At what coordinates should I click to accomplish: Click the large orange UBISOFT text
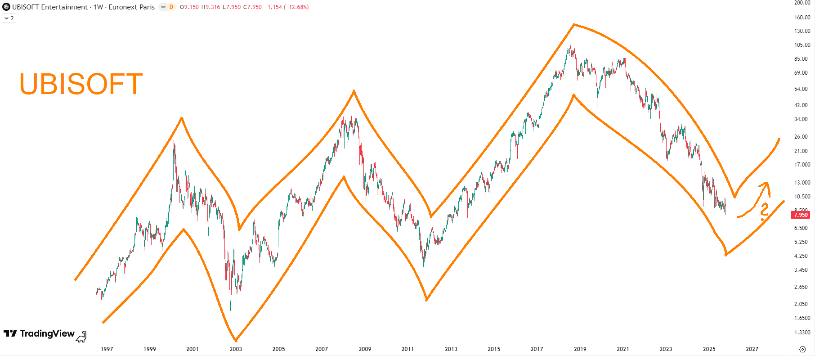(81, 84)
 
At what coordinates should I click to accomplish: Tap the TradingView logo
(39, 333)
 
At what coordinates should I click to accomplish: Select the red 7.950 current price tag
(801, 215)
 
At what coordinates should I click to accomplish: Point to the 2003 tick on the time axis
(236, 349)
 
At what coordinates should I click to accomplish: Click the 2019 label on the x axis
(580, 349)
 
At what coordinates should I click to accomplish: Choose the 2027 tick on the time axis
(752, 349)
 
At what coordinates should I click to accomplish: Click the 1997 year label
(107, 349)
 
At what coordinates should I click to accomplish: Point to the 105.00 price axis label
(802, 45)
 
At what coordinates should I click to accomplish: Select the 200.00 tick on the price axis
(802, 3)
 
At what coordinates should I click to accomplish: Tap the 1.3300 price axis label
(802, 333)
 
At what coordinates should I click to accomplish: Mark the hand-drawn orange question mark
(764, 211)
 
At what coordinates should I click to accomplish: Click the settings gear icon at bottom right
(802, 349)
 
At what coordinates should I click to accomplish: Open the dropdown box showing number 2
(9, 18)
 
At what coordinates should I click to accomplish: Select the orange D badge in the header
(171, 7)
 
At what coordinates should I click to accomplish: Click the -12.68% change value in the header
(296, 7)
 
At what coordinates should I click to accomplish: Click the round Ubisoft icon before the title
(6, 7)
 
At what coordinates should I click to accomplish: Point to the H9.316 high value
(210, 7)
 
